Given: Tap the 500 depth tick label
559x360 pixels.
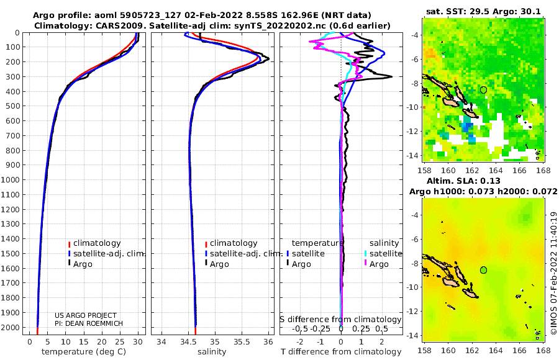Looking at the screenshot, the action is [x=12, y=106].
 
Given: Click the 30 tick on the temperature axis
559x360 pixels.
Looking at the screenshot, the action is [x=138, y=342].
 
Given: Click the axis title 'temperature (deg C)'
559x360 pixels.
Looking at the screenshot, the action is [x=84, y=352].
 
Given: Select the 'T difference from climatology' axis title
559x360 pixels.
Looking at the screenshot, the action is [x=341, y=352].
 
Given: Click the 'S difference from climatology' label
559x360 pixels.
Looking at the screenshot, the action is [x=340, y=320].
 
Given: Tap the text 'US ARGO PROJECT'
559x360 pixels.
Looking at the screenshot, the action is [x=86, y=315].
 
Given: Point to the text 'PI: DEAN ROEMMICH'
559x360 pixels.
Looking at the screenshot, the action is [x=89, y=323].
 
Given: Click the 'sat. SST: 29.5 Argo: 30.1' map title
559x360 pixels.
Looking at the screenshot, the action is [x=483, y=12].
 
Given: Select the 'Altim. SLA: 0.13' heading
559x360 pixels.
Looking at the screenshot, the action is [x=463, y=181].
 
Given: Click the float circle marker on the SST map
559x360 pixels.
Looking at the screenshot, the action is [x=483, y=90].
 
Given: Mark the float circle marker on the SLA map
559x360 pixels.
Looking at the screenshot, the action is [x=483, y=270].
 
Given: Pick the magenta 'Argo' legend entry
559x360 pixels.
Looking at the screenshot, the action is [x=376, y=264].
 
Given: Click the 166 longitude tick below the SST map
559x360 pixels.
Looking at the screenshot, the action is [x=519, y=171].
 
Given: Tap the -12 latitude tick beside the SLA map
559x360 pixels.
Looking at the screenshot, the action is [x=413, y=312].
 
